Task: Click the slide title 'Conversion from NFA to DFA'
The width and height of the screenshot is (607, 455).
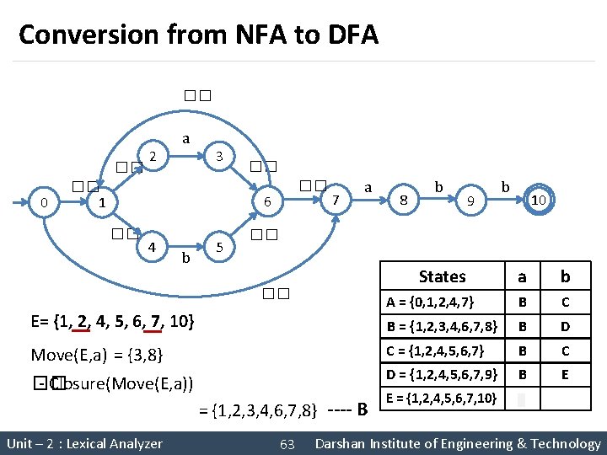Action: click(198, 35)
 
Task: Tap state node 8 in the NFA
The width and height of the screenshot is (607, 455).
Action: click(404, 201)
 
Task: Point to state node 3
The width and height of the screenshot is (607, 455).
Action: click(218, 156)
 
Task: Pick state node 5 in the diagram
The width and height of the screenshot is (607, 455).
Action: click(218, 248)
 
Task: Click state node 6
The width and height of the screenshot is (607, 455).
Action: click(266, 202)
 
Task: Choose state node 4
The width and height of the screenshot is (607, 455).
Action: click(151, 248)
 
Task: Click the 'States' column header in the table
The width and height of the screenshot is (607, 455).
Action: click(442, 276)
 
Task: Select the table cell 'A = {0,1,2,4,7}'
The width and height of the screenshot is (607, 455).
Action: click(430, 302)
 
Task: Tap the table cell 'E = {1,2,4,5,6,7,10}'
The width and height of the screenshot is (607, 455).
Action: click(442, 397)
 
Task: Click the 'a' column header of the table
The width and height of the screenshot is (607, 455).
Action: click(522, 276)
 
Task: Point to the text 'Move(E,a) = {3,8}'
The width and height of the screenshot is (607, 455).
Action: click(97, 353)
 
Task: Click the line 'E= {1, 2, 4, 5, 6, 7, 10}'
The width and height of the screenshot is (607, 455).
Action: click(113, 321)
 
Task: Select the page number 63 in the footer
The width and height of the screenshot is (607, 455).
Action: click(287, 443)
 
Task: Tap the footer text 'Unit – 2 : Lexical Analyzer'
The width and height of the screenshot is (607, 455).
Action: click(84, 443)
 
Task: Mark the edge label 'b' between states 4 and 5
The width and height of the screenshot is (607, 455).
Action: click(185, 258)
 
